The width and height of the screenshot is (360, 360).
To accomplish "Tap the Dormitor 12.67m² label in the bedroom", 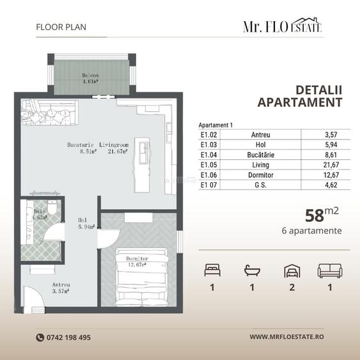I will (x=137, y=262).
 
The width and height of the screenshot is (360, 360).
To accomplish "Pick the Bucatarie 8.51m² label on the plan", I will (x=81, y=148).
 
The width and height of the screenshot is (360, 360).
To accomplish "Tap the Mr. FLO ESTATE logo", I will (x=282, y=26).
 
